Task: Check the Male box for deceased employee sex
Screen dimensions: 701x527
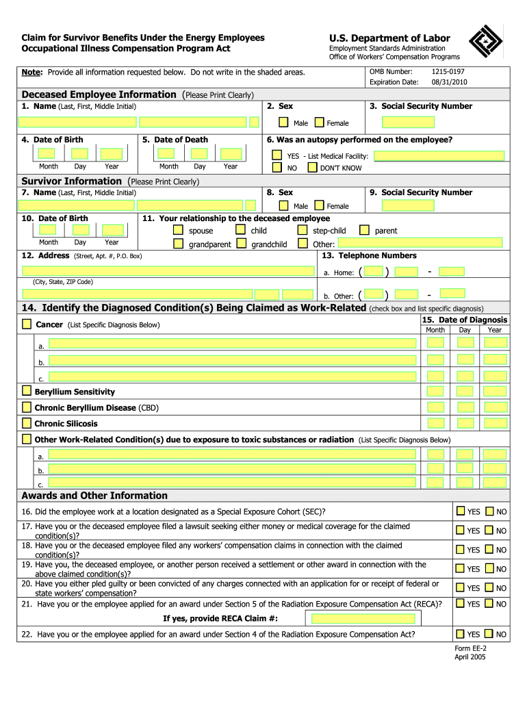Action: pyautogui.click(x=283, y=123)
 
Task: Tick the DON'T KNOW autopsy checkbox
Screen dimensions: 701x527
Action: pyautogui.click(x=312, y=167)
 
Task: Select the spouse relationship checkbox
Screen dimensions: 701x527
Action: pyautogui.click(x=178, y=230)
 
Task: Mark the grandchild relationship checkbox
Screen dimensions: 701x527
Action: pyautogui.click(x=242, y=243)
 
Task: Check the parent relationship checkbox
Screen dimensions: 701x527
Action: pyautogui.click(x=364, y=230)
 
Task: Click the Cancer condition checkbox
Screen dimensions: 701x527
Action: pyautogui.click(x=27, y=323)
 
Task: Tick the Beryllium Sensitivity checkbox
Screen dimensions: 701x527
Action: pyautogui.click(x=26, y=391)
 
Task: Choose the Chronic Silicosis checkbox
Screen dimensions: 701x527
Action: pyautogui.click(x=26, y=422)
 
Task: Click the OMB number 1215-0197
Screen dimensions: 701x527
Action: pyautogui.click(x=448, y=72)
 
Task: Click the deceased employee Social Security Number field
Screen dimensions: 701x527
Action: pyautogui.click(x=408, y=123)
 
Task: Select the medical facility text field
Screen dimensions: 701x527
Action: pyautogui.click(x=439, y=155)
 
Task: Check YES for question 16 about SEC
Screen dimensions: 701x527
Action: pyautogui.click(x=460, y=511)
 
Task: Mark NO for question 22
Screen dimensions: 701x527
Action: pyautogui.click(x=489, y=634)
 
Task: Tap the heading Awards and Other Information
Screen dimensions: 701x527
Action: pyautogui.click(x=94, y=496)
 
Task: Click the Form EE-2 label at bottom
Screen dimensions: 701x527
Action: pyautogui.click(x=470, y=648)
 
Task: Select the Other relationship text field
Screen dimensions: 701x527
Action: pyautogui.click(x=421, y=243)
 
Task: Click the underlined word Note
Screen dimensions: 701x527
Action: pyautogui.click(x=32, y=72)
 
